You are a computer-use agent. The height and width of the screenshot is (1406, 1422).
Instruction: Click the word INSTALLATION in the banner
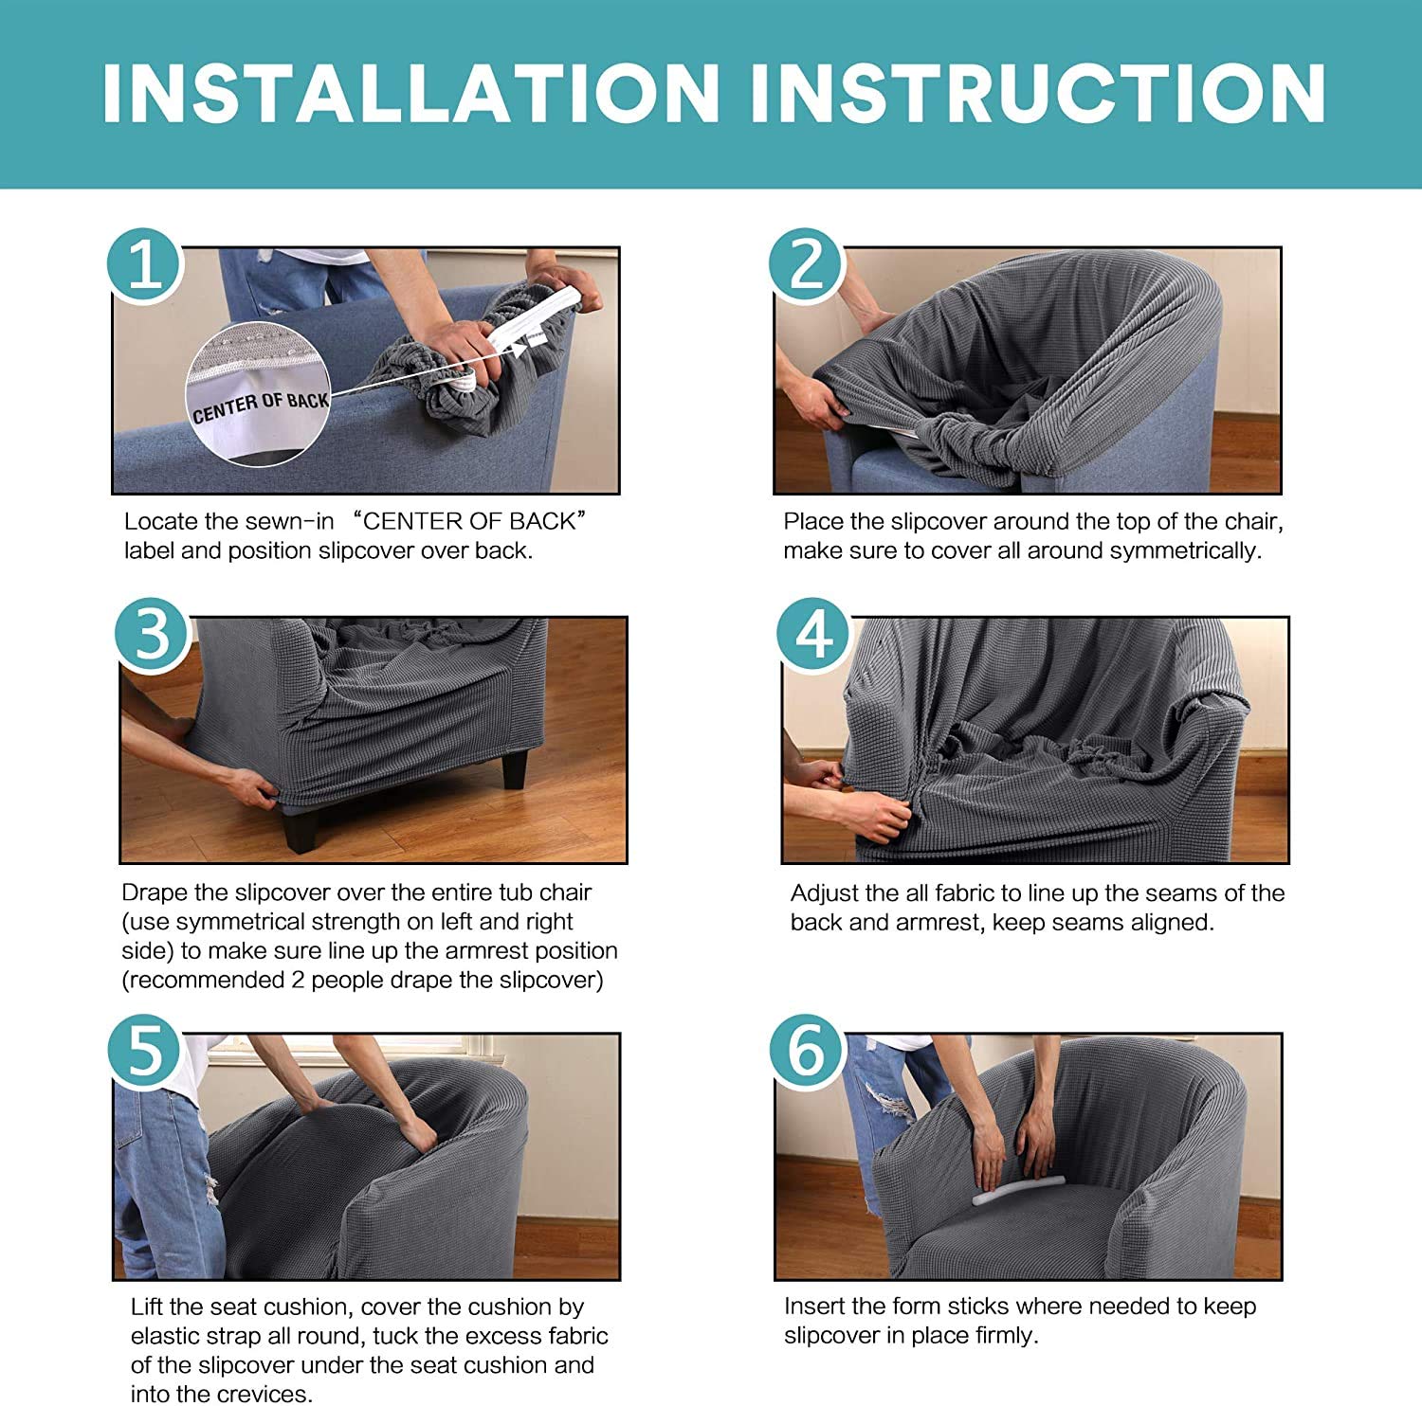tap(410, 93)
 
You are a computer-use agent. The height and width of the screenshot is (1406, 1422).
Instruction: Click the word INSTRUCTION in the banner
tap(1037, 93)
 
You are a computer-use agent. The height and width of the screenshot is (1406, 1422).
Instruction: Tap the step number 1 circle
tap(144, 264)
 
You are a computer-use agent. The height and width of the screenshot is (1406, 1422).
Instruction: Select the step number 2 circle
tap(806, 264)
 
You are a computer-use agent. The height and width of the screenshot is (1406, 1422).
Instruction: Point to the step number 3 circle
tap(152, 635)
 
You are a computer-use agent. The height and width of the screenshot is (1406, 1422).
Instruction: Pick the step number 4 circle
tap(813, 635)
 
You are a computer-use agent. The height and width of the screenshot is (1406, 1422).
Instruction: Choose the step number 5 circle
tap(144, 1051)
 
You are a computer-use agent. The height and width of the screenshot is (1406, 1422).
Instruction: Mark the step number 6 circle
tap(806, 1051)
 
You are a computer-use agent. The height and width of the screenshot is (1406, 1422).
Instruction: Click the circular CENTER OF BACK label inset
tap(259, 393)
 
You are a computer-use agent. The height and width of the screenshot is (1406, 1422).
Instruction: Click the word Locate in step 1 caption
tap(160, 521)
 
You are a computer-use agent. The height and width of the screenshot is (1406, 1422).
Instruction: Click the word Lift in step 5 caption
tap(147, 1307)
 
